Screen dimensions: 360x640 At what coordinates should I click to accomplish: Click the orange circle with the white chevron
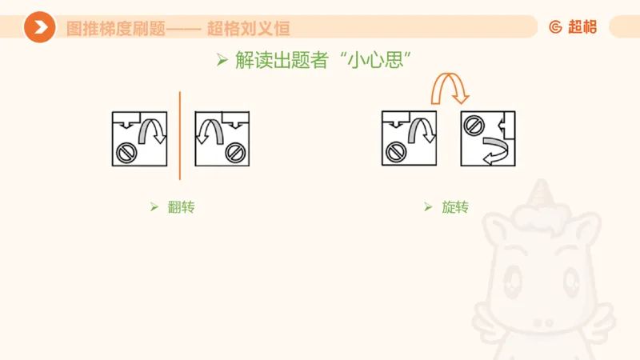(39, 27)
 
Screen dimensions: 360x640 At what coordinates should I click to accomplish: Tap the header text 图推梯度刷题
(114, 28)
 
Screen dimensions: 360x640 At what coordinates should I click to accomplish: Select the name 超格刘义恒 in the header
(248, 28)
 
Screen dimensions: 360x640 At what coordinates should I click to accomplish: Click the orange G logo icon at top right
(556, 27)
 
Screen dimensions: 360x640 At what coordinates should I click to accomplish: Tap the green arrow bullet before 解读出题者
(223, 60)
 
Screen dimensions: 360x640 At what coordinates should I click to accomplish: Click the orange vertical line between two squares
(180, 136)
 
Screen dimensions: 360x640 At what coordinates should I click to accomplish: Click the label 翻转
(182, 207)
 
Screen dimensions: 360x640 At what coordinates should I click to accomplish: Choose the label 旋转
(455, 207)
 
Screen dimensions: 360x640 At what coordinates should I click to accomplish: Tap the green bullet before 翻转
(154, 207)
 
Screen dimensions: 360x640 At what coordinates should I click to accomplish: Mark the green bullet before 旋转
(428, 207)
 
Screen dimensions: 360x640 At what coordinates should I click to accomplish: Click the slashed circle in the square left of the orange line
(126, 151)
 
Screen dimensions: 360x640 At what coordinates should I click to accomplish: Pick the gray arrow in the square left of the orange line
(152, 130)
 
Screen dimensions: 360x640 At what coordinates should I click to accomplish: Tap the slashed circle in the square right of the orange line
(234, 151)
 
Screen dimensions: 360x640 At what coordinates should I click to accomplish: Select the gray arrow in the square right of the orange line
(209, 130)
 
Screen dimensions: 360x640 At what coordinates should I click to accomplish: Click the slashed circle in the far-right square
(473, 125)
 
